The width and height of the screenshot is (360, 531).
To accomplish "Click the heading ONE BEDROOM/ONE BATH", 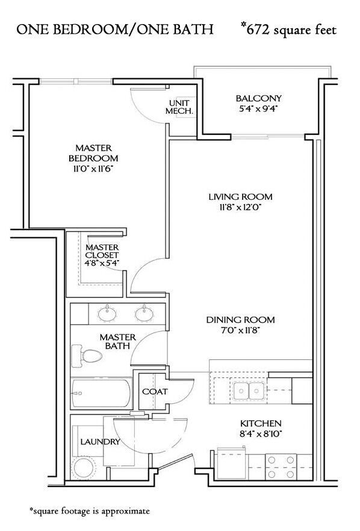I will coord(115,29).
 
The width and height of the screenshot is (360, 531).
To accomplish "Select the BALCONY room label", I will coord(258,98).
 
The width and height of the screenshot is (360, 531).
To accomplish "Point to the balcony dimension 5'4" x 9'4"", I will coord(258,109).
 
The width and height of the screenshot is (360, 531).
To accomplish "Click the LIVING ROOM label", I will coord(240,197).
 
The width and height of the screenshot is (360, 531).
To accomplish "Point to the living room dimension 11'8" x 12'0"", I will coord(240,208).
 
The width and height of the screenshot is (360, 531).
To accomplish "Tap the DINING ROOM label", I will coord(241,320).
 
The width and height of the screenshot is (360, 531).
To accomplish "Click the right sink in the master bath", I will coord(144,312).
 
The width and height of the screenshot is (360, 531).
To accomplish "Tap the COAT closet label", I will coord(154,391).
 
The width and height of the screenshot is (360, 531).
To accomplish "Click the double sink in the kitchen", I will coord(249,390).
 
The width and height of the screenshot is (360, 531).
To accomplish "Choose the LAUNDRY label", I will coord(99,442).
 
